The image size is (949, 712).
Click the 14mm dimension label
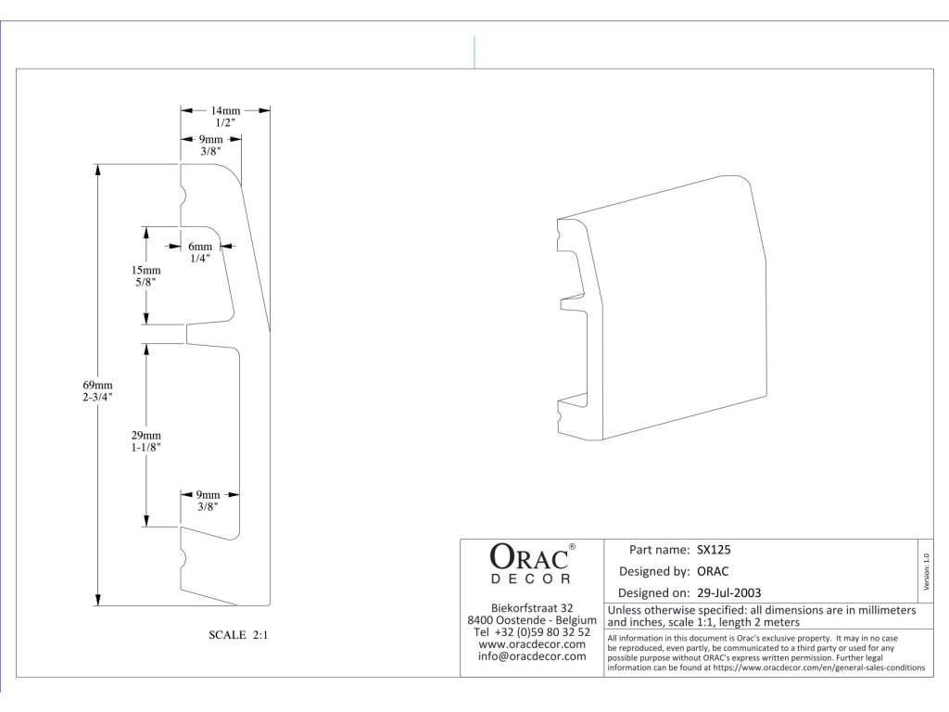225,111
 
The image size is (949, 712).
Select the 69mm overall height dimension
97,385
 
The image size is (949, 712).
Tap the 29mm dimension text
146,436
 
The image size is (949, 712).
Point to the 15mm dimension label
146,270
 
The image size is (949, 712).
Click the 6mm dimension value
200,247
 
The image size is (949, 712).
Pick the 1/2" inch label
225,123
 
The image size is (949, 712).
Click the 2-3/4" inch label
97,397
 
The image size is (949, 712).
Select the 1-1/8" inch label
146,448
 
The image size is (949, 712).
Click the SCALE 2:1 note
238,635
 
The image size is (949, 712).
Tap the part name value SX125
714,550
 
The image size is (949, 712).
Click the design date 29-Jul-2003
728,592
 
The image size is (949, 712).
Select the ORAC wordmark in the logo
529,557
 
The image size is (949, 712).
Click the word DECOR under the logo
531,578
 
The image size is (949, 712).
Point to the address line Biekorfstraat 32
532,608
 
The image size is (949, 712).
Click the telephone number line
532,632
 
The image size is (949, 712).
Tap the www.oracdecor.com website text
532,644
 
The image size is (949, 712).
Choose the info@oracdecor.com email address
532,656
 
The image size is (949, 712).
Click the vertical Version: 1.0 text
926,571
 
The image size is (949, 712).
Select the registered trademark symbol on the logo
572,546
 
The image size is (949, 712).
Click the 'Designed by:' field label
653,571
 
